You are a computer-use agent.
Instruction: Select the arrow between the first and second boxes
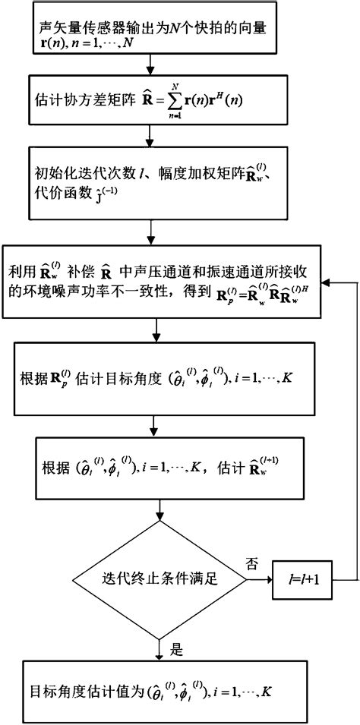155,67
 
